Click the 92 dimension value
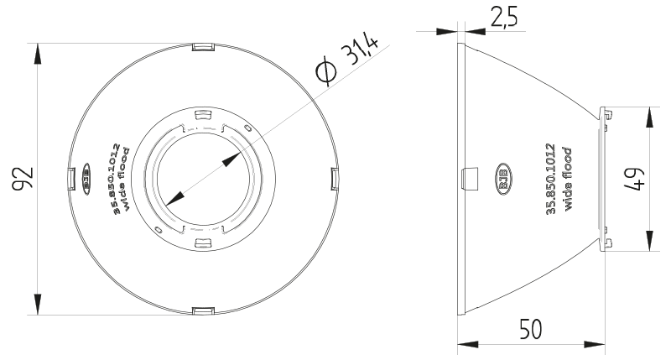coord(23,179)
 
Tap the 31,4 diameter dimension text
coord(360,50)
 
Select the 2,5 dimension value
coord(504,17)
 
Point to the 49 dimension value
coord(635,179)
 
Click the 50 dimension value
coord(531,329)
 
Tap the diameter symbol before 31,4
coord(326,70)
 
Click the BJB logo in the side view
coord(504,179)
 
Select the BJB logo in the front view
coord(86,179)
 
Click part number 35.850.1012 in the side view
coord(551,179)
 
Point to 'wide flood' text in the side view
coord(568,179)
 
